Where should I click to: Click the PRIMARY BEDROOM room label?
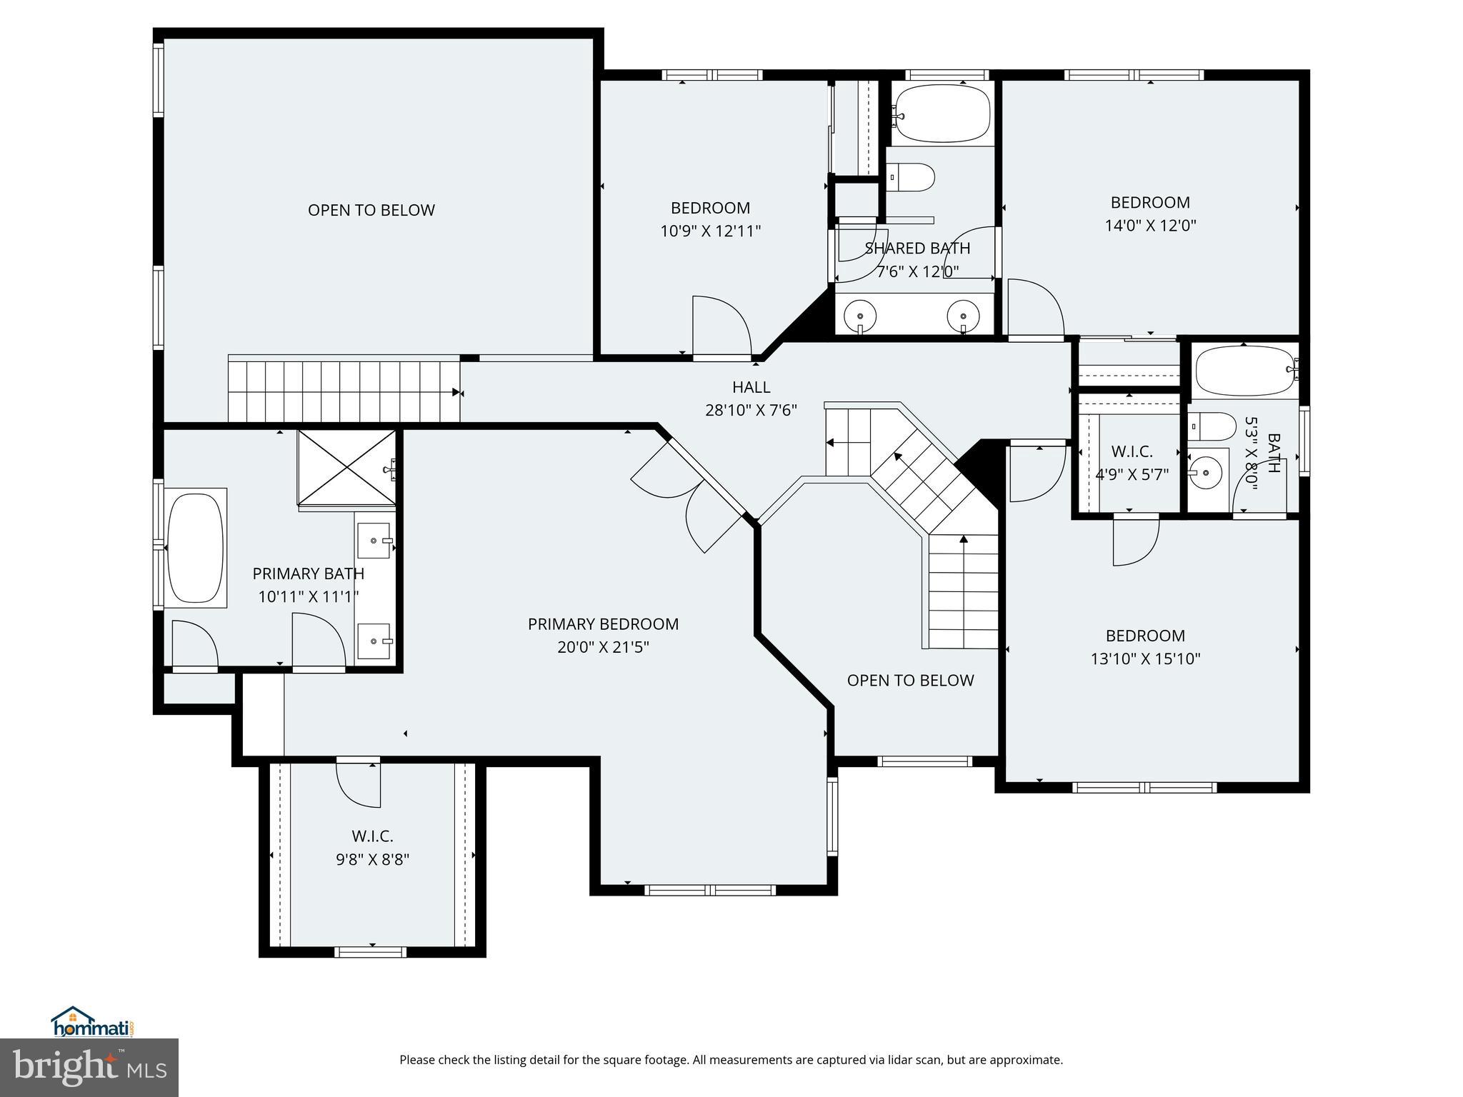[x=603, y=624]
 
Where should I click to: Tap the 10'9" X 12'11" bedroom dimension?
[x=710, y=231]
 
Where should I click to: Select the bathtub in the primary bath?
[x=195, y=548]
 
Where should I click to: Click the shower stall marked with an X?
[x=346, y=467]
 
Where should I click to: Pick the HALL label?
[x=751, y=387]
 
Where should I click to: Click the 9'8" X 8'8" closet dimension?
[x=372, y=859]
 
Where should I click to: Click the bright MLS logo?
[x=89, y=1067]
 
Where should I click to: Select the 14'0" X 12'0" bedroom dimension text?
[x=1150, y=226]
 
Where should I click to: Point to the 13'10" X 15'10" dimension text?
[x=1145, y=658]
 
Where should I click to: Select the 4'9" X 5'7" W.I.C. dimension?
[x=1132, y=474]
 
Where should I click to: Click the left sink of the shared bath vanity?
[x=860, y=315]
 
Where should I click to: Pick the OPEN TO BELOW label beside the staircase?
[x=910, y=680]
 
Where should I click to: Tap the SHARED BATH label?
[x=917, y=249]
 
